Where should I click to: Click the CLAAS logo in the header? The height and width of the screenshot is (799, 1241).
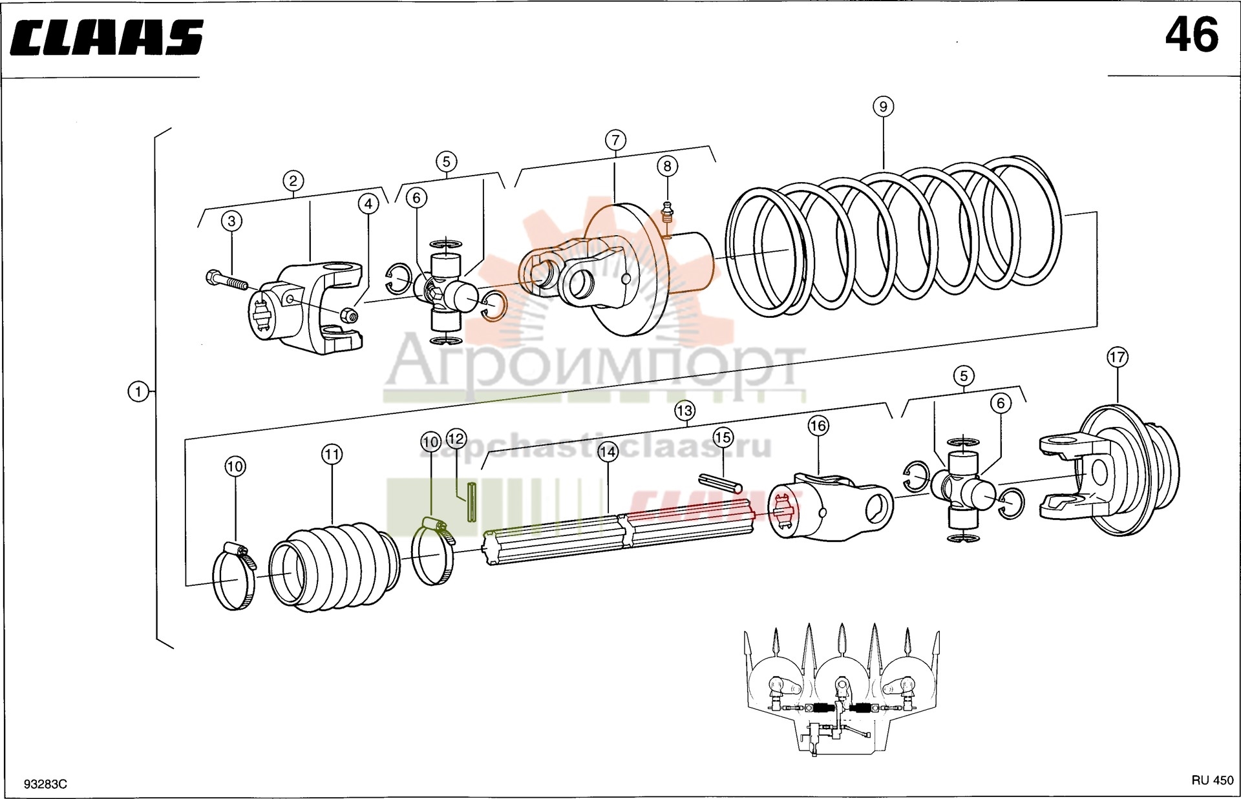(107, 37)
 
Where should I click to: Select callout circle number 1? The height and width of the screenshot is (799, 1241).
(138, 391)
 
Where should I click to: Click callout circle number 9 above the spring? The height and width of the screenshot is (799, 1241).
(883, 107)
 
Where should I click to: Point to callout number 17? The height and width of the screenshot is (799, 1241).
(1117, 357)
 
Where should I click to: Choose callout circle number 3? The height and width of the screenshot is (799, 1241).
(231, 221)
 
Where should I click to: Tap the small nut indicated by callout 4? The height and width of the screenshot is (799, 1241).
(348, 315)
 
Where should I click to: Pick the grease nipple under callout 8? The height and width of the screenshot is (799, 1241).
(668, 213)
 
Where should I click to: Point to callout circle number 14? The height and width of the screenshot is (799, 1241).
(608, 451)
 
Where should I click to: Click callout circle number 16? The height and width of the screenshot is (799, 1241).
(818, 426)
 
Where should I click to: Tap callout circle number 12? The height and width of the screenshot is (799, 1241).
(456, 439)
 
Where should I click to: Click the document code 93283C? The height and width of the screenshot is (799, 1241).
(45, 784)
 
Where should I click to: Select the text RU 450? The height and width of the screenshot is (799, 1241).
(1213, 780)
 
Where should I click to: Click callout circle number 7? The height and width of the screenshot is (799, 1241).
(615, 140)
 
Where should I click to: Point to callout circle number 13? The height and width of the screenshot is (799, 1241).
(684, 410)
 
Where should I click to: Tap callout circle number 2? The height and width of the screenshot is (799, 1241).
(293, 181)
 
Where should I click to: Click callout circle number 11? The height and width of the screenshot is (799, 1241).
(332, 455)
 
